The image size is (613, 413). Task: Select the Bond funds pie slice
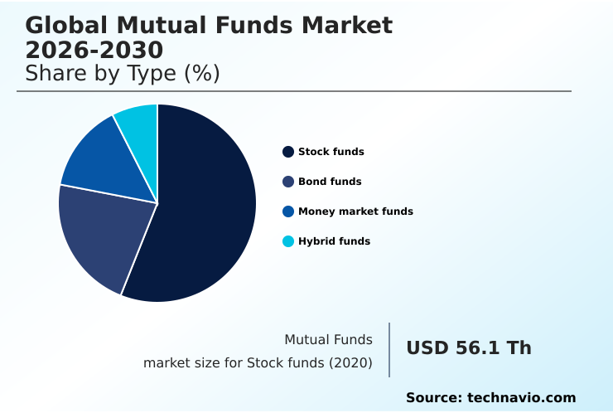coord(104,236)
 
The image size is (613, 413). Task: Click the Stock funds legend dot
coord(288,152)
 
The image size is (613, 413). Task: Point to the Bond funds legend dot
coord(288,182)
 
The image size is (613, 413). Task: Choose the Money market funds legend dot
coord(288,211)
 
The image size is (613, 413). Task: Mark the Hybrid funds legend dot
coord(288,241)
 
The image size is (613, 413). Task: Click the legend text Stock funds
coord(331,152)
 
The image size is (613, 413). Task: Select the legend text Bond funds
coord(330,182)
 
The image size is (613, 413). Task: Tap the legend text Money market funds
coord(355,211)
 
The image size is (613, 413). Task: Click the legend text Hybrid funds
coord(334,241)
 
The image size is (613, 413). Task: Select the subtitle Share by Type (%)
coord(123,74)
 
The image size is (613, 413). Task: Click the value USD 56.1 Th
coord(469,348)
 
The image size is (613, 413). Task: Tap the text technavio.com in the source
coord(521,398)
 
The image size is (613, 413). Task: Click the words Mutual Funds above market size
coord(328,339)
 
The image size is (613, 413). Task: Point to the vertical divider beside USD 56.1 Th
coord(389,350)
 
